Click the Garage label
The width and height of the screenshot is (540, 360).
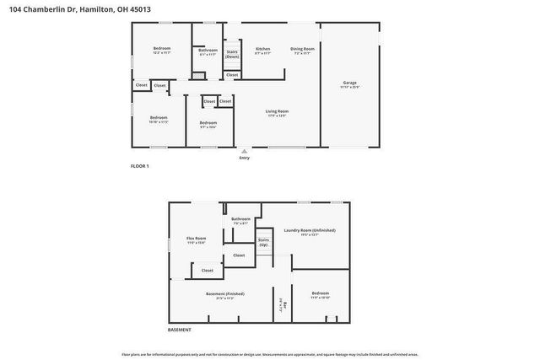click(x=349, y=83)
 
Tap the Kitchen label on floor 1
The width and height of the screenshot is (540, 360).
click(x=263, y=49)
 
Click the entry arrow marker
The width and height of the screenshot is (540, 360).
click(x=245, y=151)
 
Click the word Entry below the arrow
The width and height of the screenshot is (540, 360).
click(x=245, y=158)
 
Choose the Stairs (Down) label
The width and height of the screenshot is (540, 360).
click(x=231, y=54)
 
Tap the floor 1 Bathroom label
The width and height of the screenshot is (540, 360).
click(x=208, y=50)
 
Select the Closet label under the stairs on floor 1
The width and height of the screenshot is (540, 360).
click(x=231, y=74)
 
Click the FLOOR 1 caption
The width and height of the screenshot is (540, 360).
click(x=139, y=166)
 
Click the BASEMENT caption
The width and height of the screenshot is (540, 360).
click(x=179, y=330)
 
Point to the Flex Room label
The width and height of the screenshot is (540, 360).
click(x=197, y=239)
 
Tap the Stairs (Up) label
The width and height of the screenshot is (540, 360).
click(x=263, y=242)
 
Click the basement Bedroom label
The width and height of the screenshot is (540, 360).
click(x=321, y=293)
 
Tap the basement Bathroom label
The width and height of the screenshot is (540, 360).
click(x=240, y=219)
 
